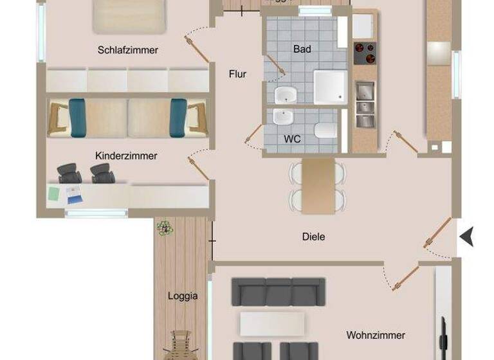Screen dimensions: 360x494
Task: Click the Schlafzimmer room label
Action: point(128,50)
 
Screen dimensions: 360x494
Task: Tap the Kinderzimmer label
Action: point(126,156)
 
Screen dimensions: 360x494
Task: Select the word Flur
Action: point(237,74)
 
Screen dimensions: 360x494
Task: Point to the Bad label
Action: point(302,49)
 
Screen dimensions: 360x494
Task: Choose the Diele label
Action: point(313,237)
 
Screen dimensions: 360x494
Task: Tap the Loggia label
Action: point(183,296)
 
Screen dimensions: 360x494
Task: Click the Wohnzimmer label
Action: point(376,335)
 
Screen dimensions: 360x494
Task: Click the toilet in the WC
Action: point(323,132)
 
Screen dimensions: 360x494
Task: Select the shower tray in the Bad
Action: point(330,85)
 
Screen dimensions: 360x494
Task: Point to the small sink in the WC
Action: point(282,118)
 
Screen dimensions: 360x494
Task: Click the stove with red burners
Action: point(365,53)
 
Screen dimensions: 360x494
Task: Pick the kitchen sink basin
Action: point(365,90)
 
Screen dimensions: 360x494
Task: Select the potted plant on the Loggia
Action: point(165,228)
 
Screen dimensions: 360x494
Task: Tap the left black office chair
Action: point(69,172)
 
